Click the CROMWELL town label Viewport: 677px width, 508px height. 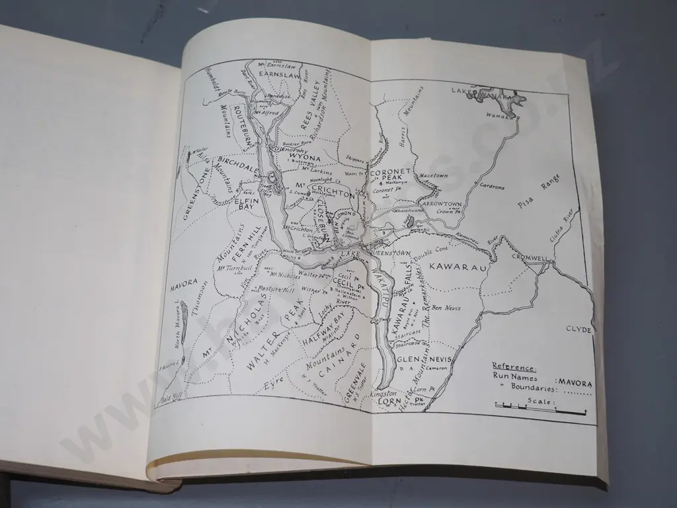528,257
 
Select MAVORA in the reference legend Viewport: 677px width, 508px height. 575,382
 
